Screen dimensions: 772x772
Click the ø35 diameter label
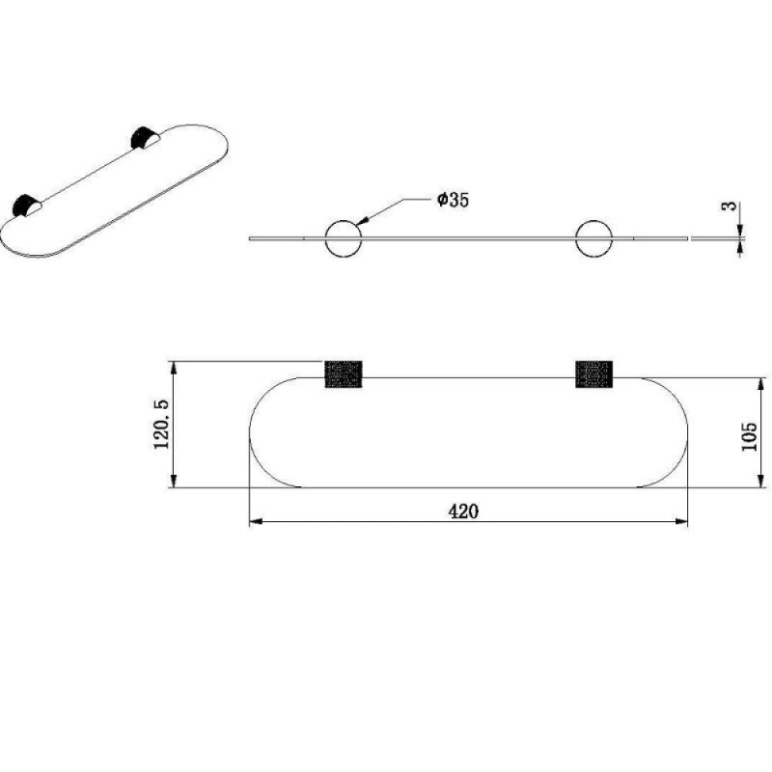click(x=453, y=200)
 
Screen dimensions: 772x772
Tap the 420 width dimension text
click(x=463, y=511)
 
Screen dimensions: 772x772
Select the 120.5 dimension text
click(x=161, y=424)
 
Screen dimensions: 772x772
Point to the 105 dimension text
click(x=749, y=436)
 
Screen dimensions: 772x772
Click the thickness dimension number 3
click(x=731, y=206)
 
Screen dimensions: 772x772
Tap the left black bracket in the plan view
click(x=344, y=374)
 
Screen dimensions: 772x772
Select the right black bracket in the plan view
click(x=594, y=374)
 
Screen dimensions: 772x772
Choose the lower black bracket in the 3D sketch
click(x=23, y=205)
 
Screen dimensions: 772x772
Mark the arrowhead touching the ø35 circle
click(x=362, y=221)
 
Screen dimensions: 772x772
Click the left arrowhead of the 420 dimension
click(x=256, y=521)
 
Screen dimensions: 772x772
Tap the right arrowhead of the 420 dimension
click(x=681, y=521)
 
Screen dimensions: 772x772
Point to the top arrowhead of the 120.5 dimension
click(x=173, y=368)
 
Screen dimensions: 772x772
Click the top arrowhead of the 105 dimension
click(x=761, y=384)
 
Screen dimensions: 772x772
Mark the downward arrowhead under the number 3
click(x=740, y=231)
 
